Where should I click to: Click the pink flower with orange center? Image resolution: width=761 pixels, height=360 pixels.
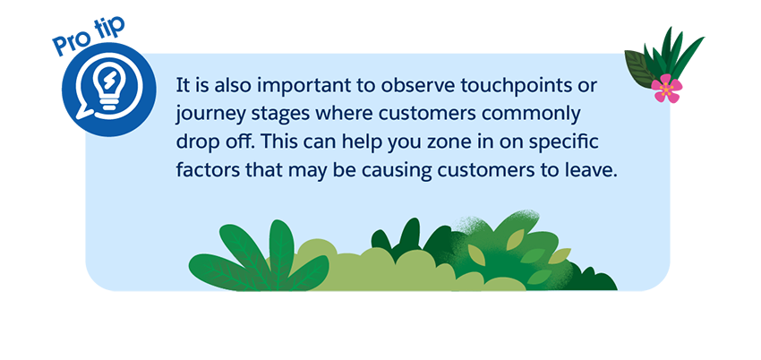point(663,88)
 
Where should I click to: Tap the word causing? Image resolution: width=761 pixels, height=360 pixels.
point(418,170)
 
